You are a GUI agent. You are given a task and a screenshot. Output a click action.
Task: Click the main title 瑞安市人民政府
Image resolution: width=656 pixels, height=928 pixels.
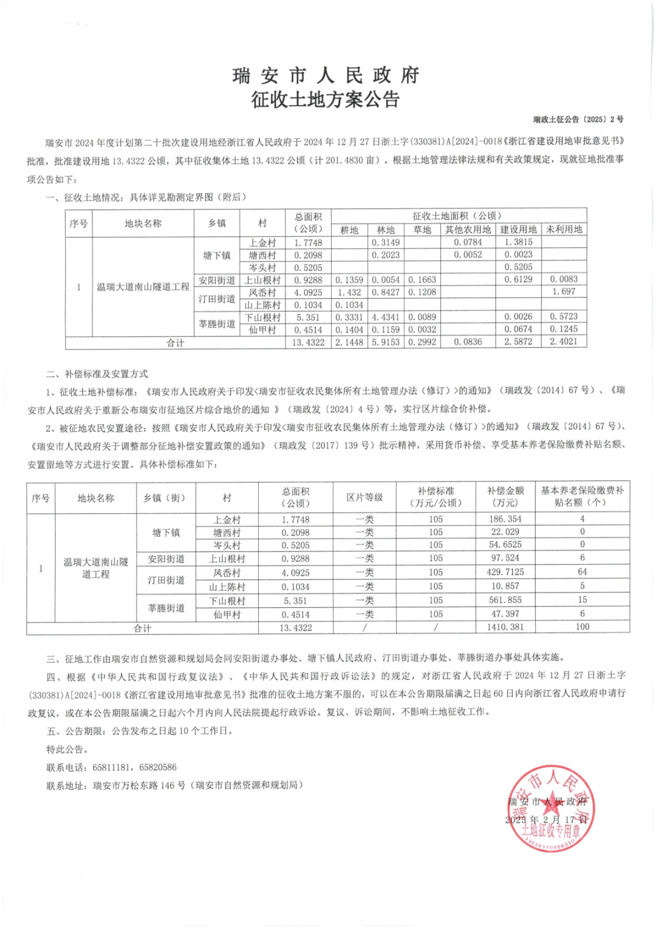(x=326, y=75)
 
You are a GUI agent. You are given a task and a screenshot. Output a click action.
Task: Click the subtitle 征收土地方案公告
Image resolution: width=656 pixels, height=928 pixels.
(x=326, y=99)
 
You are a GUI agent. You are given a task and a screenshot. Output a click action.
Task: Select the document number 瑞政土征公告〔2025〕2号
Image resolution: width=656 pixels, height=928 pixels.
(x=578, y=120)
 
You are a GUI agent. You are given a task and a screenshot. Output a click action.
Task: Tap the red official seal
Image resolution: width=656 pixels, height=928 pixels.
(x=551, y=808)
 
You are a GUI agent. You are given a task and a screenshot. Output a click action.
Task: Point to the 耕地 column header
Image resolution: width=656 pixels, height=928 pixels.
(x=349, y=230)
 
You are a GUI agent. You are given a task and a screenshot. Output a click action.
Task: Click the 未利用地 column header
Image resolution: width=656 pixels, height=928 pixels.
(x=564, y=230)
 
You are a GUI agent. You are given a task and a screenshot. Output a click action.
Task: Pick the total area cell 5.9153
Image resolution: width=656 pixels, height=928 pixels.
(x=386, y=343)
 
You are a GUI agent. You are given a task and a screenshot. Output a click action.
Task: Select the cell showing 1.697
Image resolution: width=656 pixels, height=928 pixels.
(x=564, y=292)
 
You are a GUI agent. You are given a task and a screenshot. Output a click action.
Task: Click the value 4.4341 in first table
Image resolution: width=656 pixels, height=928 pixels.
(x=386, y=317)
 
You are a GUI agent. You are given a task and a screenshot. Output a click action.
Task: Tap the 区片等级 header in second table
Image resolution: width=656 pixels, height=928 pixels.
(x=364, y=497)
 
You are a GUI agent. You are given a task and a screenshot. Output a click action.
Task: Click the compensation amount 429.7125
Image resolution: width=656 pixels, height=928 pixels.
(x=505, y=572)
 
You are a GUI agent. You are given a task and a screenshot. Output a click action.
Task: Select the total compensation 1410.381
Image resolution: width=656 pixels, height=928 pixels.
(x=505, y=627)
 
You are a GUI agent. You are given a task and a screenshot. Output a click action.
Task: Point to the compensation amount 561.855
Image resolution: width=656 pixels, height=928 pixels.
(x=505, y=600)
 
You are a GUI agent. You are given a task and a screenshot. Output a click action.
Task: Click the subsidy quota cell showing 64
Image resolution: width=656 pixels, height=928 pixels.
(x=582, y=572)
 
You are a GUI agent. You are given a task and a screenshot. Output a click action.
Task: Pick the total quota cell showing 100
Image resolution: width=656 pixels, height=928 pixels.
(x=582, y=627)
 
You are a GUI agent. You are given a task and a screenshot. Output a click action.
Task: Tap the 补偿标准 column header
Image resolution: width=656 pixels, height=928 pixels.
(x=436, y=497)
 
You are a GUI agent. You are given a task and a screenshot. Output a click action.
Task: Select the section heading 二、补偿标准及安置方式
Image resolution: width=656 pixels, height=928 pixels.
(x=97, y=374)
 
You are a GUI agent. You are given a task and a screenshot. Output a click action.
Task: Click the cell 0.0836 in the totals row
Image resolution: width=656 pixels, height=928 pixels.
(x=468, y=343)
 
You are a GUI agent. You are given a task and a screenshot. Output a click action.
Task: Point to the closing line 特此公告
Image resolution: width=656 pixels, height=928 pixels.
(x=68, y=749)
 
